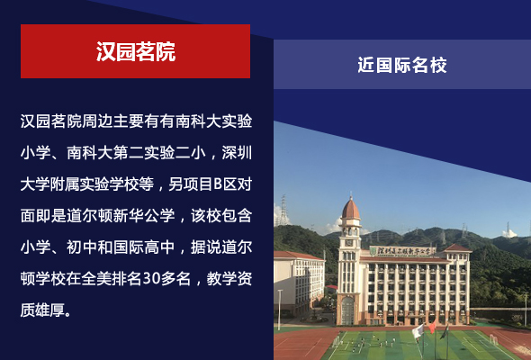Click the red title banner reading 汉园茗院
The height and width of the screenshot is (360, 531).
[x=136, y=51]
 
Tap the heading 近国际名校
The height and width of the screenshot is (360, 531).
[x=402, y=65]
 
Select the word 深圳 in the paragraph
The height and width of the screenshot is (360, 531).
[x=237, y=153]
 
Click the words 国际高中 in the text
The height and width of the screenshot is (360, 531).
[x=144, y=247]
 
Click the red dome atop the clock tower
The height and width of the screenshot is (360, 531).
[x=350, y=209]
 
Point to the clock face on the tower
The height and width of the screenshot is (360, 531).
[x=349, y=243]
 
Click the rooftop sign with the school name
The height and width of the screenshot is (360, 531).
[x=402, y=251]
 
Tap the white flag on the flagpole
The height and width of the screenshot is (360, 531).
[x=418, y=331]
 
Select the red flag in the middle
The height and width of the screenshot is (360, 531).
[x=432, y=327]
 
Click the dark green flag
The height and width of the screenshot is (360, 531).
[x=444, y=332]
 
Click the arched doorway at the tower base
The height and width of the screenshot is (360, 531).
[x=347, y=310]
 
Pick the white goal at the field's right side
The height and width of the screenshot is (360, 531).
[x=494, y=339]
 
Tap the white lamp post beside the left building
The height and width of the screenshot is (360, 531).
[x=280, y=310]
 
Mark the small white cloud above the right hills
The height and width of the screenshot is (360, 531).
[x=509, y=233]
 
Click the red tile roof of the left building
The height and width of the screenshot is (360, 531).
[x=297, y=256]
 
